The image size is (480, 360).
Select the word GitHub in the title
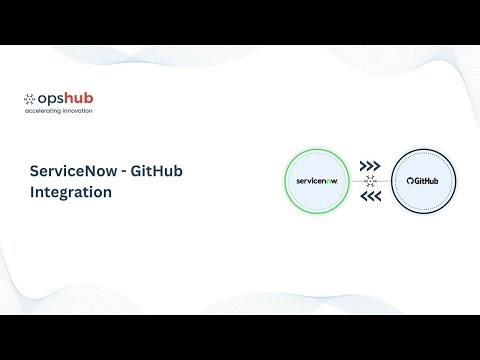coord(156,171)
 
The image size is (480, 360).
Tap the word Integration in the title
coord(70,193)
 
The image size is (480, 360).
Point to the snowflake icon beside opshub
coord(30,99)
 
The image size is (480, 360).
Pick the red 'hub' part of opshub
coord(79,99)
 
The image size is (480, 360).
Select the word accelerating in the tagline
coord(45,111)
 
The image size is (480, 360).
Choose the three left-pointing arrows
coord(371,197)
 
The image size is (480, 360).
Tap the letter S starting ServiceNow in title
coord(35,171)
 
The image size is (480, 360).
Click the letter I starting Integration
coord(33,193)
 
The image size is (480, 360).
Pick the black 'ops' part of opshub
coord(52,100)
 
